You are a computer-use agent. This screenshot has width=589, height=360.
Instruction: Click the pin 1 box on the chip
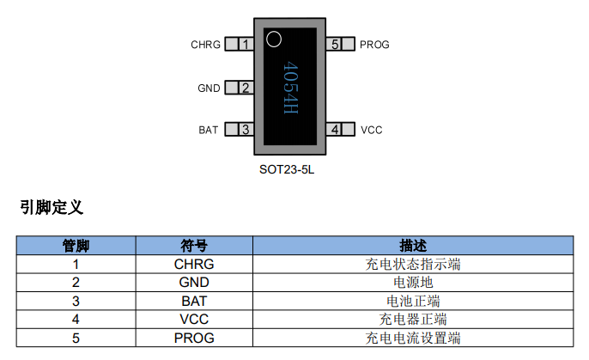click(246, 45)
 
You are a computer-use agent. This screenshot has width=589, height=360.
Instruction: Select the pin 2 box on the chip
click(246, 88)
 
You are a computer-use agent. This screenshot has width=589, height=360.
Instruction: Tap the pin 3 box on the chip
click(246, 130)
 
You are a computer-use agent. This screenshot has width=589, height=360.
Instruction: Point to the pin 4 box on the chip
click(336, 130)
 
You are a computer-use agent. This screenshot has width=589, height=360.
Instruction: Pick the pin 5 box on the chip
click(336, 45)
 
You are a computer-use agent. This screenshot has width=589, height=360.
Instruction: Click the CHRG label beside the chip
click(206, 45)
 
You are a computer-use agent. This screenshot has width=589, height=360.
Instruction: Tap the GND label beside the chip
click(209, 88)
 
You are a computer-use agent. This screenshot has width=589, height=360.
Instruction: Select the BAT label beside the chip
click(209, 130)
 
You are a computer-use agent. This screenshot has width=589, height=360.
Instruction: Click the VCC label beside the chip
click(371, 130)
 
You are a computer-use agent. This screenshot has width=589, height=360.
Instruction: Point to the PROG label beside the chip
click(374, 45)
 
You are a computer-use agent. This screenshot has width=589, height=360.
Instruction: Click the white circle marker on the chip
click(274, 39)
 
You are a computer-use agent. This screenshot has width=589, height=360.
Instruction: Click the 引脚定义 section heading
click(52, 207)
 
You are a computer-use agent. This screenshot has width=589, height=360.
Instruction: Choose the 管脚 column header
click(76, 247)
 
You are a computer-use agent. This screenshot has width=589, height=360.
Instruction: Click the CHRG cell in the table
click(194, 265)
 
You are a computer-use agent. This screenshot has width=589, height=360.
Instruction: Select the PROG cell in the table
click(194, 338)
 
